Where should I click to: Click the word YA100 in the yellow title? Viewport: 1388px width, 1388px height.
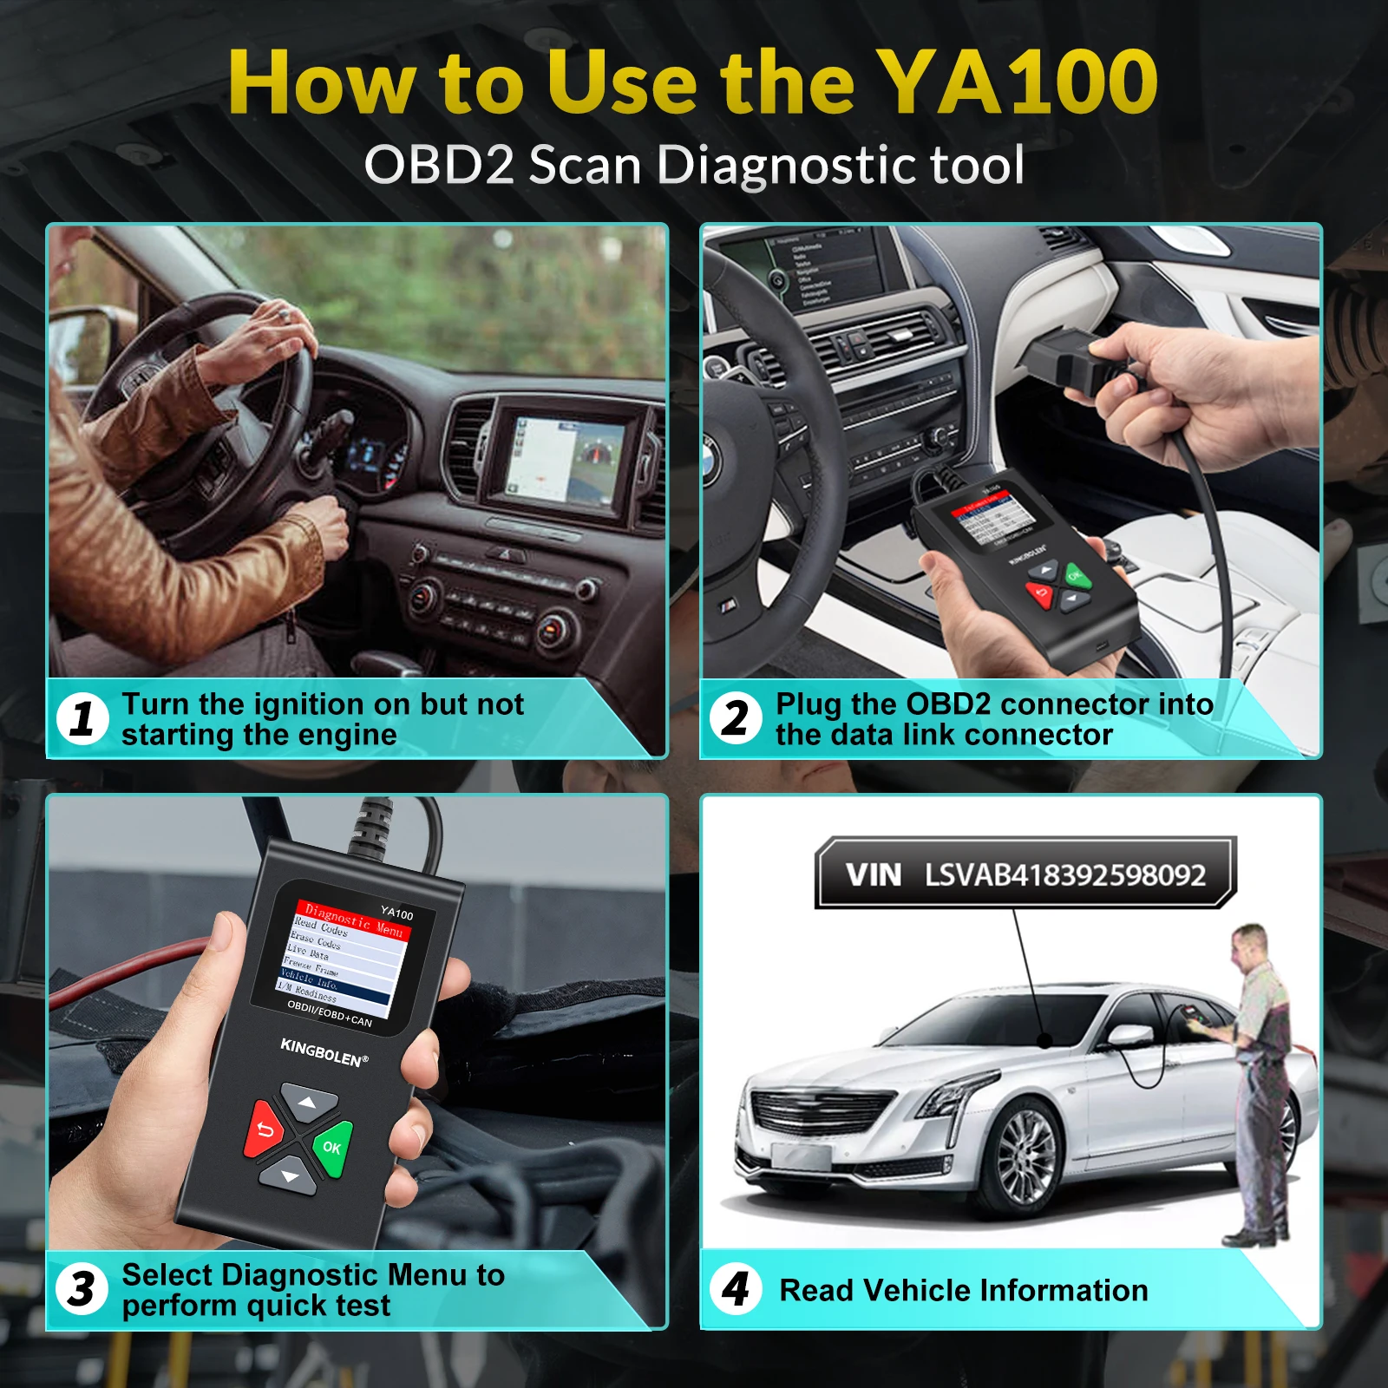coord(1017,82)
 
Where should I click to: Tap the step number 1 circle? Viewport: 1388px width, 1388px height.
coord(82,719)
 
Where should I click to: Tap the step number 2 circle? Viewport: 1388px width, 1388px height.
coord(736,719)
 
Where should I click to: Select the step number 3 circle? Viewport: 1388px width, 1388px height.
coord(82,1289)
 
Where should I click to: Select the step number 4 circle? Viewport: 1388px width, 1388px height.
coord(736,1289)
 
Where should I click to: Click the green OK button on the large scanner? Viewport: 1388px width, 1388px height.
coord(332,1147)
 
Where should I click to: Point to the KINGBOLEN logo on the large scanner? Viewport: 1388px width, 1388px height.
coord(324,1052)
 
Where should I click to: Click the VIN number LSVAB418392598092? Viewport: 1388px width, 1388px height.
coord(1064,874)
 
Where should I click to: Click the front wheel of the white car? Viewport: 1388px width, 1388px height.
coord(1026,1159)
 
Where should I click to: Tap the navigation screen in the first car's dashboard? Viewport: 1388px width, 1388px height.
coord(565,465)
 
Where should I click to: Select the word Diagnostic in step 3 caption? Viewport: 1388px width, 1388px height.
coord(299,1274)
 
